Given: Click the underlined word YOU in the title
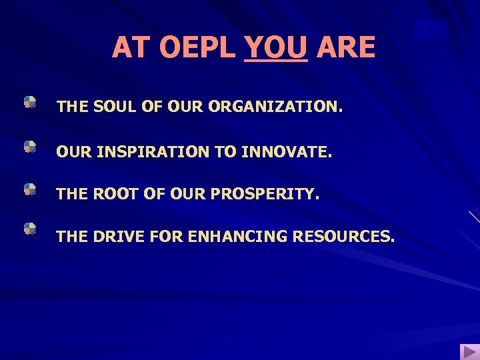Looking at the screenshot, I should click(x=276, y=47).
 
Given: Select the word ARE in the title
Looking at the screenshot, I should click(x=347, y=47).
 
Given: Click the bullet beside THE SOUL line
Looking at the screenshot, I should click(x=30, y=102).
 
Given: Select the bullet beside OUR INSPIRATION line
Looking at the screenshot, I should click(x=30, y=147).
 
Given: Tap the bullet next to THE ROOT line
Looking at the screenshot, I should click(x=30, y=190).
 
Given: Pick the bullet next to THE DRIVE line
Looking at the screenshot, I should click(x=30, y=229).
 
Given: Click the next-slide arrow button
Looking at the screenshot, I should click(x=469, y=351).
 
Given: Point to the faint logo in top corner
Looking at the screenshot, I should click(x=430, y=30).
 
